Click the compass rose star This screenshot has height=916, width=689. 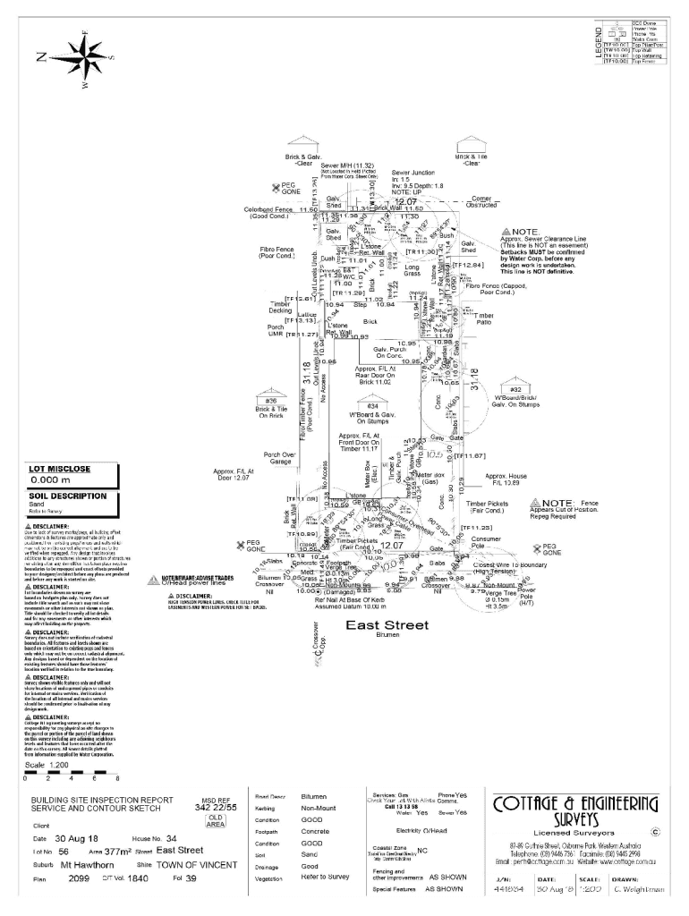coord(86,56)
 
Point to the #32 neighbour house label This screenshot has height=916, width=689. coord(515,390)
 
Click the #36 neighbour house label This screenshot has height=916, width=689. coord(270,401)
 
